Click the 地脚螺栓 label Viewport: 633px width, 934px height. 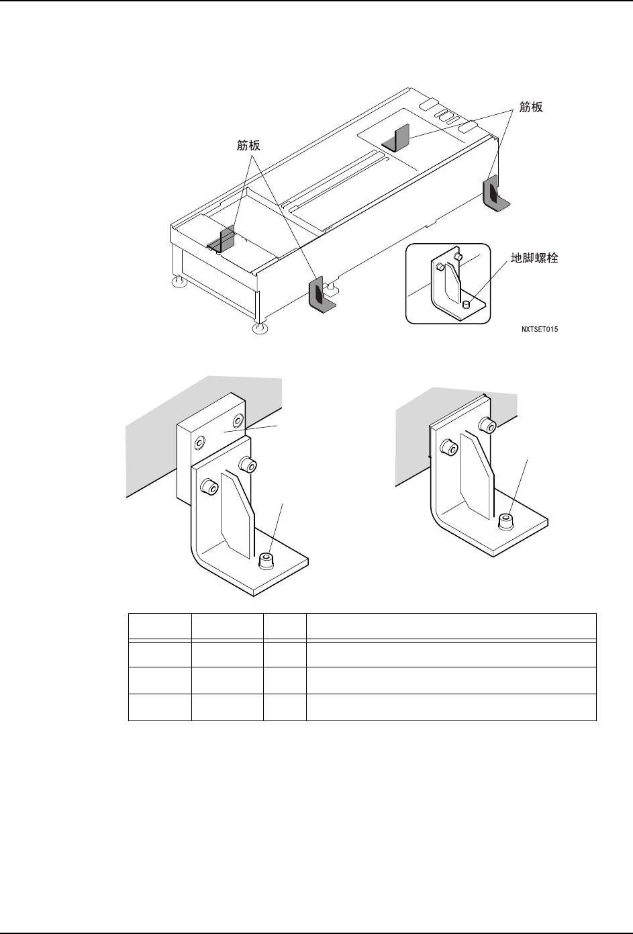534,258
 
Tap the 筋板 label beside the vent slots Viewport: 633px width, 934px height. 532,107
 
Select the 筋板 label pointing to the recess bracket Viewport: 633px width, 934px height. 248,145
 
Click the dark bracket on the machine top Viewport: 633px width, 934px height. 396,138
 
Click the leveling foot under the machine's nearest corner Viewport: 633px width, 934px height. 259,328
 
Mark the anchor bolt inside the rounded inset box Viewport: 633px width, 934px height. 466,305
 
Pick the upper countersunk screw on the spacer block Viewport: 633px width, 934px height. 237,421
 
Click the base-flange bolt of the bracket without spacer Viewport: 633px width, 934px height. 506,521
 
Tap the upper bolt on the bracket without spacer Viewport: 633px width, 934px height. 488,424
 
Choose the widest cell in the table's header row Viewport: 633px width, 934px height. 451,626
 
